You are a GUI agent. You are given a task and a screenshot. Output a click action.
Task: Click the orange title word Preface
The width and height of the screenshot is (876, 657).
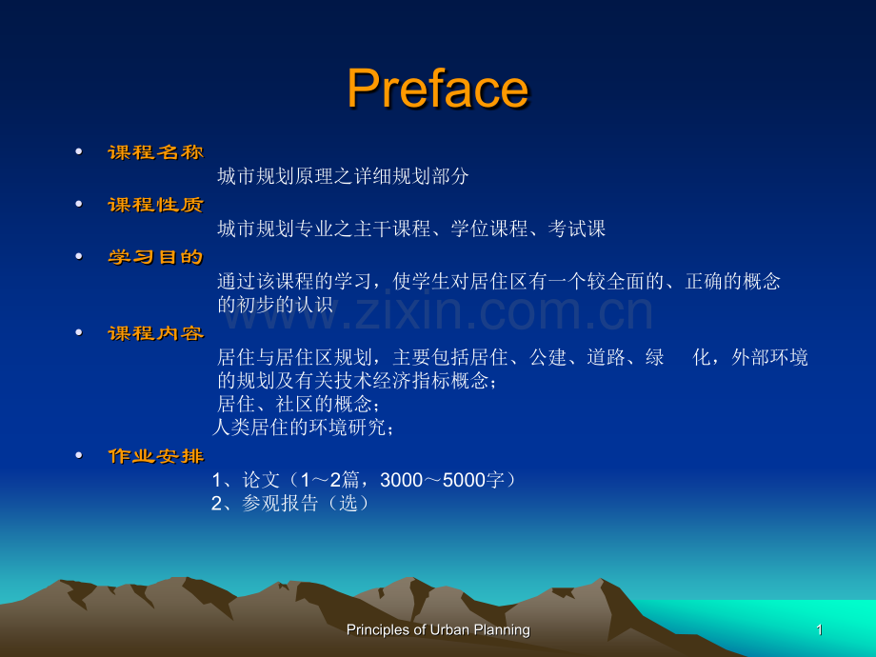coord(438,89)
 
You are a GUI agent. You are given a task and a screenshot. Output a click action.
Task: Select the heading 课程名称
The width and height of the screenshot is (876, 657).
coord(156,152)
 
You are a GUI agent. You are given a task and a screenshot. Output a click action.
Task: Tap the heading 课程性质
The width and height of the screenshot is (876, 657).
coord(156,205)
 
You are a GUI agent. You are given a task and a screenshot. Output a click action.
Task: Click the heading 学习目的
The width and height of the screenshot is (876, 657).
coord(156,257)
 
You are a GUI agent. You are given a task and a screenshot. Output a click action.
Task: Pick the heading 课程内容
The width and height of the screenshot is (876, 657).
coord(156,333)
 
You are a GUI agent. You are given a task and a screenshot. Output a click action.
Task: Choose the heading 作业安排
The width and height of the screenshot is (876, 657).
coord(156,456)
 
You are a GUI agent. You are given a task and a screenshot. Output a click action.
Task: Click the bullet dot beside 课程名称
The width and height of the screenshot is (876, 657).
coord(79,151)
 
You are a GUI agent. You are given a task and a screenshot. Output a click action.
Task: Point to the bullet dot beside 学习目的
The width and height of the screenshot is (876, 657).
coord(79,256)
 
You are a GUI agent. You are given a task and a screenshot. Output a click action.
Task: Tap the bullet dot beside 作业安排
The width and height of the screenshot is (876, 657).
coord(79,455)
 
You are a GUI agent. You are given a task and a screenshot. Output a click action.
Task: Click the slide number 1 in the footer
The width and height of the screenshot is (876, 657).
coord(820,630)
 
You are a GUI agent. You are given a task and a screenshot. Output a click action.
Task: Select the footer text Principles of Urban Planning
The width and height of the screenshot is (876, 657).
coord(438,630)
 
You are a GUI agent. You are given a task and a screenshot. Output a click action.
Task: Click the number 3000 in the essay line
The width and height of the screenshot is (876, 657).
coord(401,480)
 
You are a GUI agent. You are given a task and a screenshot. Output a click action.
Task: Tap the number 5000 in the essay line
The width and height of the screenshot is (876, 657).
coord(464,480)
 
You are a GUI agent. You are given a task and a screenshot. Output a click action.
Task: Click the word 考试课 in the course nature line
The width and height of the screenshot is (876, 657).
coord(577,229)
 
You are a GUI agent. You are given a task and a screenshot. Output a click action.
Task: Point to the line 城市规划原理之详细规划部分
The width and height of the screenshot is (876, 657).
coord(343,176)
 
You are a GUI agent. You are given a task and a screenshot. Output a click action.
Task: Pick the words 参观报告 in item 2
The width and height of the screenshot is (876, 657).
coord(280,504)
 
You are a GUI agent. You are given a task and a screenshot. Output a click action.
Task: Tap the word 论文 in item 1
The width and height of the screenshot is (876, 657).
coord(261,480)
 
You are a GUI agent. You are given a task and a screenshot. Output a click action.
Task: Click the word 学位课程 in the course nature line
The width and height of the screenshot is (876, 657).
coord(489,229)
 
